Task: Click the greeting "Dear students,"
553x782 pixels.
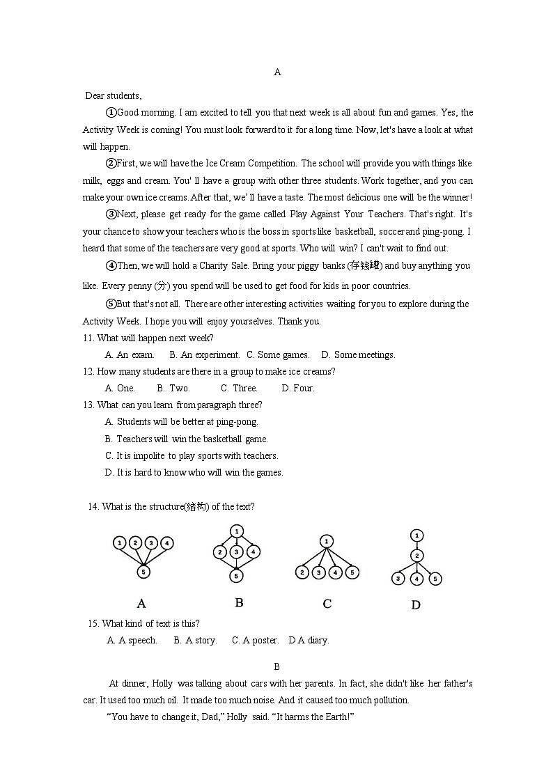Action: pos(113,95)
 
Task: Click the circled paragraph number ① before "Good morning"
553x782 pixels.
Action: pos(111,112)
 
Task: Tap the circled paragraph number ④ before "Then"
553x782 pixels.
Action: pos(111,265)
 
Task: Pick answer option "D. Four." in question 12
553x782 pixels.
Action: pos(298,388)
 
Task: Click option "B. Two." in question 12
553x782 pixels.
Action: pos(173,388)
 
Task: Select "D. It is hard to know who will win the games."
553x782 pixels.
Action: pos(194,472)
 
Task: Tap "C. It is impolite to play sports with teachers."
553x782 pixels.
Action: pos(192,455)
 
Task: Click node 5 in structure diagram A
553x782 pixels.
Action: pos(143,572)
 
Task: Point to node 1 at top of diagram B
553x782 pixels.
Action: pos(237,530)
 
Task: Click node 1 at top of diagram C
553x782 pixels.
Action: pos(327,541)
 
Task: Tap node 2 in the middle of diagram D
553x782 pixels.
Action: pos(416,556)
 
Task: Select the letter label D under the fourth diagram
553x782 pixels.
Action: pos(416,605)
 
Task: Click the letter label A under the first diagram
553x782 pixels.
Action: pos(141,603)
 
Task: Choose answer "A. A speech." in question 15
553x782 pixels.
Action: pos(132,640)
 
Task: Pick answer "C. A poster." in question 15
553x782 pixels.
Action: pos(255,640)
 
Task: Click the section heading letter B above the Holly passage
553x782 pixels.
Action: pos(276,666)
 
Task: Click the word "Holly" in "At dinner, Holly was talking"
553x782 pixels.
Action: pos(162,683)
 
